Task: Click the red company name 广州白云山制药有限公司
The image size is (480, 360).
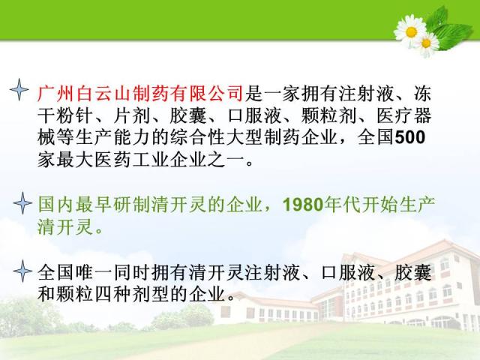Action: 140,93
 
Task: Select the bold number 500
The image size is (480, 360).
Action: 410,137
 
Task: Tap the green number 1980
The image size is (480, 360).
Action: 303,205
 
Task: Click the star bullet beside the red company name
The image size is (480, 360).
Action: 19,89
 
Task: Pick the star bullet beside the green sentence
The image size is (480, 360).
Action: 22,203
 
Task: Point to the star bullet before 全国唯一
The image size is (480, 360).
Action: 22,271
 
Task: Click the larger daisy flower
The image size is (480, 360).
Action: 410,31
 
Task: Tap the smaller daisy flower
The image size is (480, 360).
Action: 427,43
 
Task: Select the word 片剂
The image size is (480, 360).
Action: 132,115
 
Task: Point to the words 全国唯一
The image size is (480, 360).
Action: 75,272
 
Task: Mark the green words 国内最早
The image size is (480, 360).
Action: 75,205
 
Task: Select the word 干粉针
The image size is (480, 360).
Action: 65,115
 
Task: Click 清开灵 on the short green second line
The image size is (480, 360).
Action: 65,226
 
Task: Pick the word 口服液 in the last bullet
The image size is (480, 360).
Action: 349,272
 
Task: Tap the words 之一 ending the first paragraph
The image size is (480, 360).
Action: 226,160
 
